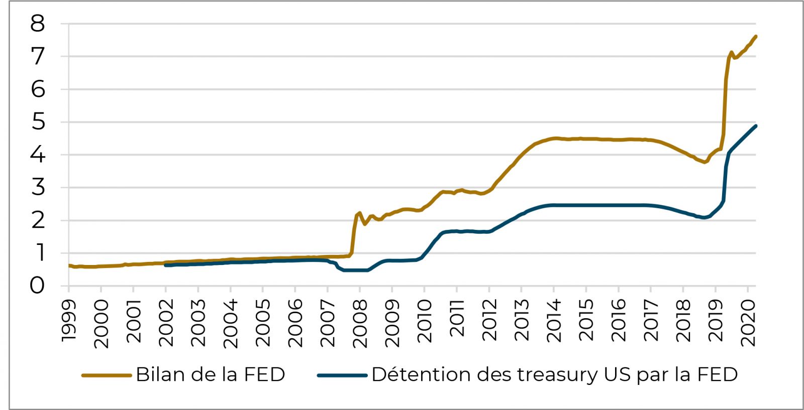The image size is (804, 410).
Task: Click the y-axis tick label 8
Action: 37,24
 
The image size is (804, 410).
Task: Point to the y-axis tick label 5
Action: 37,122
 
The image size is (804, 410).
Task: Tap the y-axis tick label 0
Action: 37,286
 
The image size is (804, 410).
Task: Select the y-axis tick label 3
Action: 37,188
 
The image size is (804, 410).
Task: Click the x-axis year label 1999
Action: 69,321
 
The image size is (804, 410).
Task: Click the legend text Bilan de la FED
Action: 210,374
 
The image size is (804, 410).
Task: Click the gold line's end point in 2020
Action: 756,36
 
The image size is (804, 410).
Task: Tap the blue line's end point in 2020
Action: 756,126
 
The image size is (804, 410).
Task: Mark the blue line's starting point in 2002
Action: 166,265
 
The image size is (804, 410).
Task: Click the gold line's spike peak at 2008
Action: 359,213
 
